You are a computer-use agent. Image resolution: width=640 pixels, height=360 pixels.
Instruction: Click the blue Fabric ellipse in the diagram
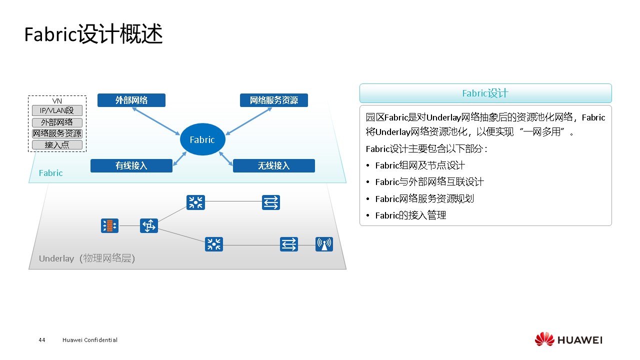click(x=202, y=139)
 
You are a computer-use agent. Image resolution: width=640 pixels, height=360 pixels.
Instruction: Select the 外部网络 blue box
click(x=131, y=100)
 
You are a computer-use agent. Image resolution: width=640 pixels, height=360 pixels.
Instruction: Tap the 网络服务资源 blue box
click(x=273, y=100)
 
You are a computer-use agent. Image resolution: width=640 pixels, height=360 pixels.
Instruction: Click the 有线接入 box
click(x=131, y=165)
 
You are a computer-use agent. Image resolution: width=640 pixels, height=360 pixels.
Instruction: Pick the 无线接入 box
click(x=273, y=165)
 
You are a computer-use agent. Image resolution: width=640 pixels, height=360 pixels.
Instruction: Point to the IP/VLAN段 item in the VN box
click(x=57, y=110)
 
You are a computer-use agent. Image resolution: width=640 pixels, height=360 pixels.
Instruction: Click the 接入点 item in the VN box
click(x=57, y=145)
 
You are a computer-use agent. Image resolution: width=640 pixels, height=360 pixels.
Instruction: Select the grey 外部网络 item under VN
click(x=57, y=122)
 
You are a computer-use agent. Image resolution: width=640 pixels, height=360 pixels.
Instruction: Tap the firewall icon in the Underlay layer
click(x=109, y=226)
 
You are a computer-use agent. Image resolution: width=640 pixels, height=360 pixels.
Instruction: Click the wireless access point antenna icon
click(x=324, y=244)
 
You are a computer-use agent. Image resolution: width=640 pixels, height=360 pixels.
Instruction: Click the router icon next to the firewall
click(x=148, y=226)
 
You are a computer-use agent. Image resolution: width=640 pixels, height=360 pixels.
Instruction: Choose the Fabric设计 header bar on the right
click(x=485, y=93)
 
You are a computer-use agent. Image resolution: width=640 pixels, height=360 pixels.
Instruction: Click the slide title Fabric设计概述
click(x=93, y=35)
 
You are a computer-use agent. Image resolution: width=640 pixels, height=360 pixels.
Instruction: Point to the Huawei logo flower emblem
click(x=544, y=339)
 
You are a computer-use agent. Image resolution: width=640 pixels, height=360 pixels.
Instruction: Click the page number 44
click(x=42, y=340)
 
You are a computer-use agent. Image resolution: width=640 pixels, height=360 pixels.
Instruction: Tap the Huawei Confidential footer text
click(x=90, y=340)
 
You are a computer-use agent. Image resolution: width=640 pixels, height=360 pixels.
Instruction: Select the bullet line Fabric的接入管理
click(x=410, y=215)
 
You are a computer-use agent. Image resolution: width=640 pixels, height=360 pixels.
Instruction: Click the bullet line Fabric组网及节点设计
click(x=420, y=165)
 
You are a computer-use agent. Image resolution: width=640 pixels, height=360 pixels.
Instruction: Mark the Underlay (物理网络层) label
click(x=87, y=258)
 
